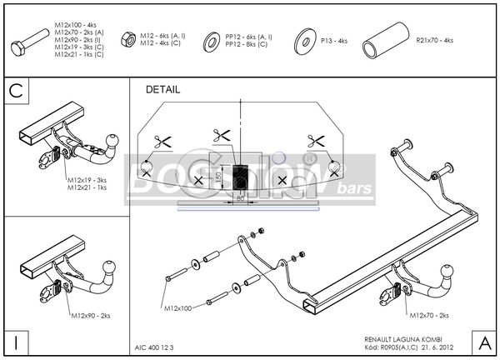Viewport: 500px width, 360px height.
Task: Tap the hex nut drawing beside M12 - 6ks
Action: pyautogui.click(x=129, y=39)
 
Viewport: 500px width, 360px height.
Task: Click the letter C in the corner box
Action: pyautogui.click(x=16, y=91)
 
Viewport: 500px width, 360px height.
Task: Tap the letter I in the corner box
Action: pyautogui.click(x=16, y=342)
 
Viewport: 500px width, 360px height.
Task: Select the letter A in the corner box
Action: pyautogui.click(x=482, y=342)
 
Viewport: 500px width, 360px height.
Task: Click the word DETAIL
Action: pyautogui.click(x=162, y=89)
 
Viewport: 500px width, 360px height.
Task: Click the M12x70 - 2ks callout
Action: pyautogui.click(x=432, y=315)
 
